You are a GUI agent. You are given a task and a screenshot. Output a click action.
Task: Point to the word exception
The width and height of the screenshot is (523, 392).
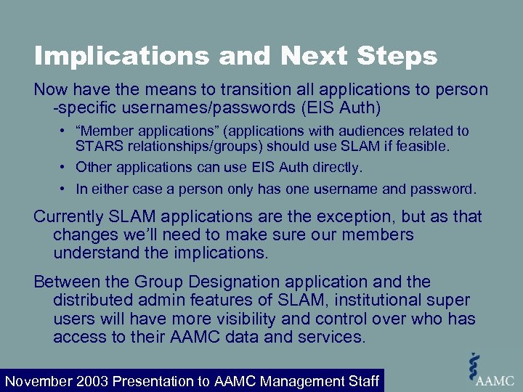pos(337,217)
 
